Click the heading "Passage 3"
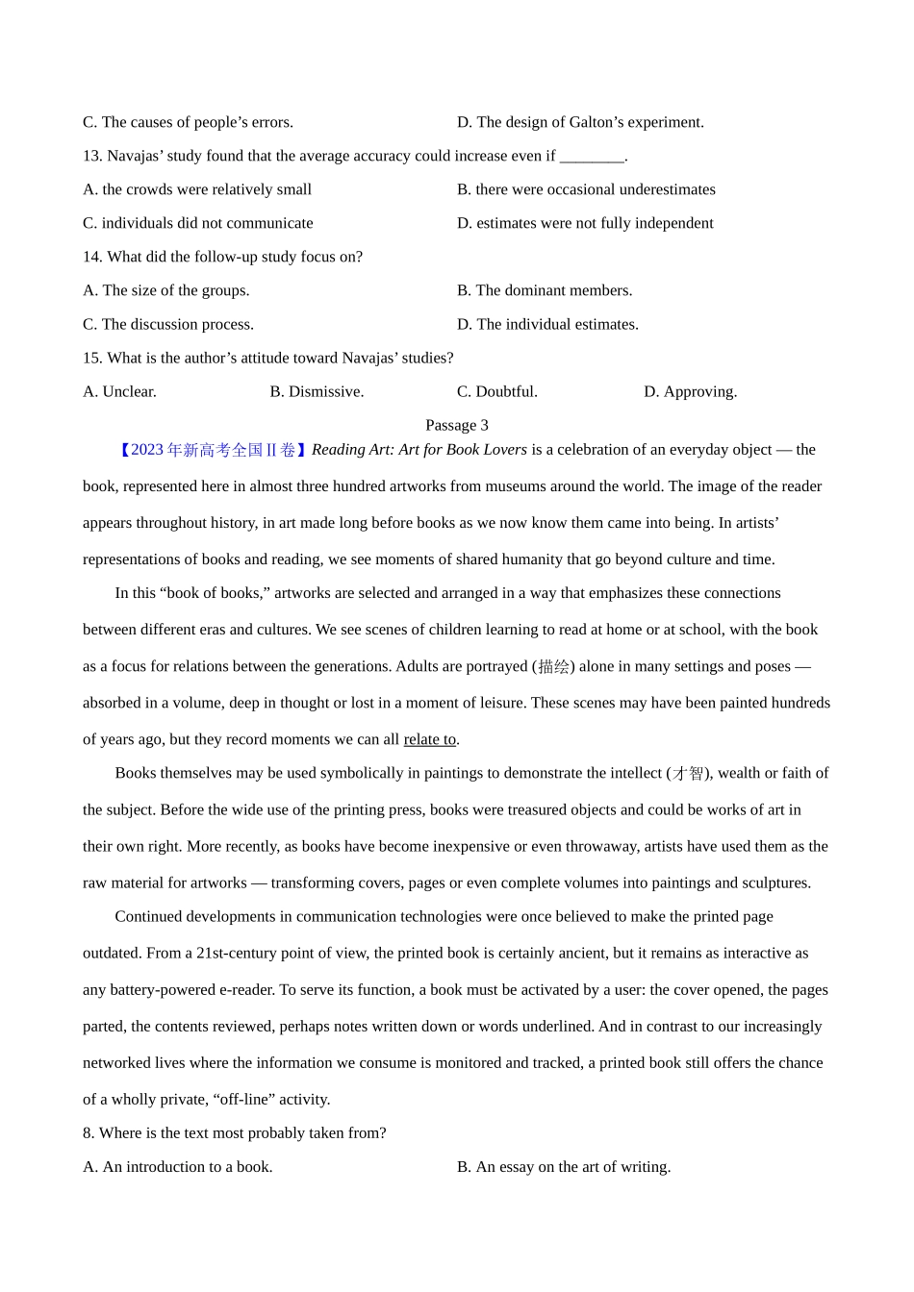click(456, 425)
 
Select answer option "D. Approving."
click(690, 391)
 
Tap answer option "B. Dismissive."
click(317, 391)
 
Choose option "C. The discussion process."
click(168, 324)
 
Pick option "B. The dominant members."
click(545, 290)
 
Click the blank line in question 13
click(591, 156)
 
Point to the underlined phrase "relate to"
click(429, 739)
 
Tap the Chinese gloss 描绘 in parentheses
click(553, 666)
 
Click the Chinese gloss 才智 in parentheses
click(688, 773)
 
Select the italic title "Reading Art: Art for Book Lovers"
click(419, 449)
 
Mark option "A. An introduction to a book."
click(178, 1166)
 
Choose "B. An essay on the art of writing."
click(564, 1166)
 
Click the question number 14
click(92, 257)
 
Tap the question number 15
click(92, 358)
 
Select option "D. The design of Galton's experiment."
click(580, 122)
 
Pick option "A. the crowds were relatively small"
click(197, 189)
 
